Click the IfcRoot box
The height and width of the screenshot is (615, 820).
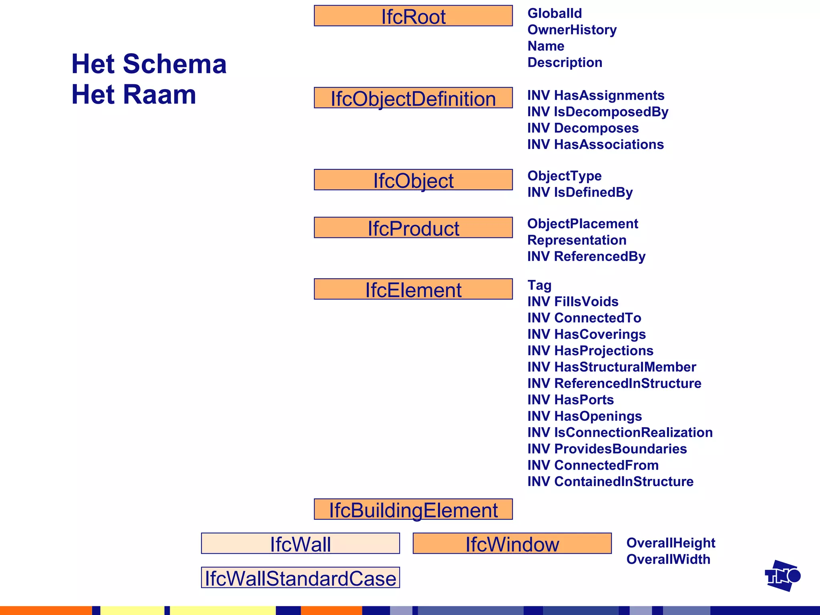[x=413, y=16]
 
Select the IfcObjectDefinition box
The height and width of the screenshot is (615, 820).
[x=413, y=98]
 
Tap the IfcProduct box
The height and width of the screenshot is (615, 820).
[x=413, y=228]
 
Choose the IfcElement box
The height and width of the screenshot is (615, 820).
[x=413, y=289]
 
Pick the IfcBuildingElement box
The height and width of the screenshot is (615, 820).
[x=413, y=509]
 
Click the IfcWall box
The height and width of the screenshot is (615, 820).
[x=300, y=544]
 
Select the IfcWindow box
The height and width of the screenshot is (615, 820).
[x=512, y=544]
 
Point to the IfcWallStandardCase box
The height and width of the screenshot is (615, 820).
[x=300, y=578]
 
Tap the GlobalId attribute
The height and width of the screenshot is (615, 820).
[x=555, y=13]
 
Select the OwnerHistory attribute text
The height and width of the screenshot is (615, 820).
[x=572, y=30]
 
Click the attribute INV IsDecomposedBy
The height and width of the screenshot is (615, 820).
[x=597, y=112]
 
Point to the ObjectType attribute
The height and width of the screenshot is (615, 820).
[x=564, y=176]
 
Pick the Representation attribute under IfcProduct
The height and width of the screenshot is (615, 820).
[x=577, y=240]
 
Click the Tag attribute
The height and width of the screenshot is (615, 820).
[x=539, y=285]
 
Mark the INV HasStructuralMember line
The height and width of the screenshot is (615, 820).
[x=611, y=367]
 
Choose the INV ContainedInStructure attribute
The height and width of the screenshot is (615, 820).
[x=610, y=482]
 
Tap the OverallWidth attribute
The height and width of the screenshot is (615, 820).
[x=668, y=559]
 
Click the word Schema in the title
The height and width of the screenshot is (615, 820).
[x=175, y=64]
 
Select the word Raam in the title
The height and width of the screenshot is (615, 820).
[x=159, y=95]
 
